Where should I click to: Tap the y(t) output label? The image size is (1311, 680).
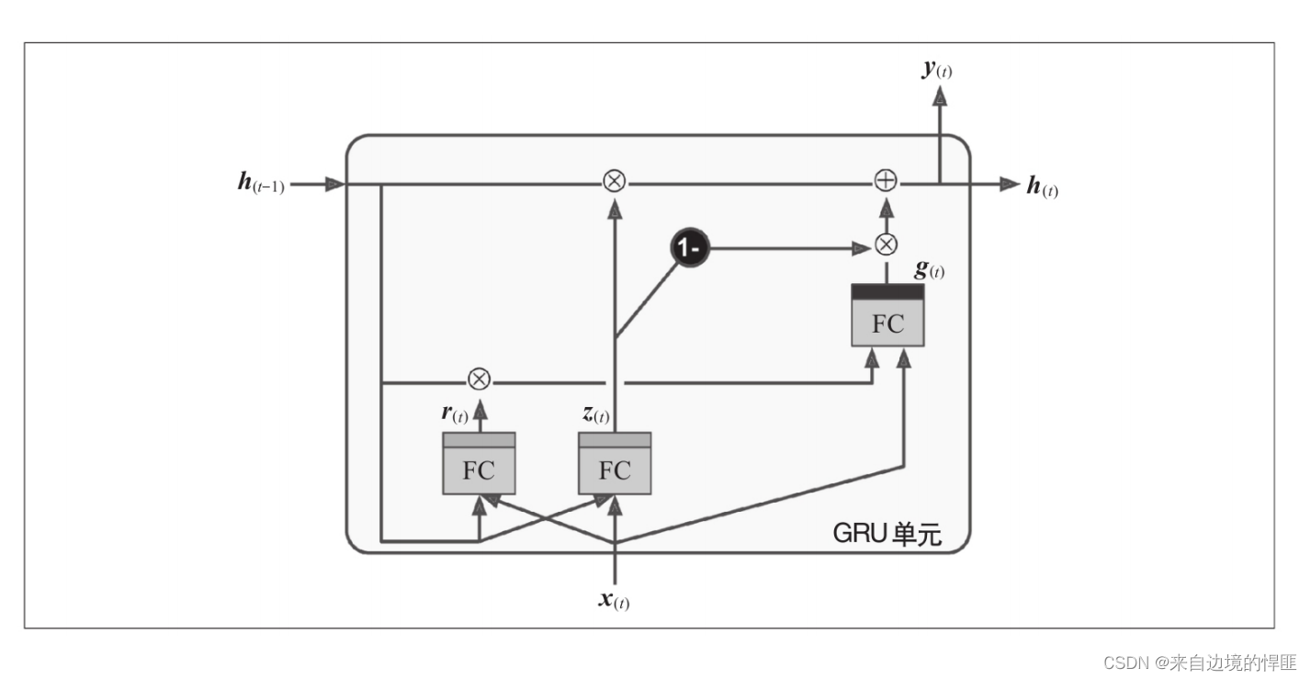(x=938, y=69)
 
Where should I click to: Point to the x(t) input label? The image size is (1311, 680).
(x=614, y=601)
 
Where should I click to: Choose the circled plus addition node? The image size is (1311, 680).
(x=885, y=181)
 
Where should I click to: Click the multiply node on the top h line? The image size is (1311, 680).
(x=614, y=181)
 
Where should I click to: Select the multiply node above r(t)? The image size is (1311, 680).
(x=478, y=379)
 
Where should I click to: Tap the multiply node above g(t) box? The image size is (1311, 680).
(x=886, y=244)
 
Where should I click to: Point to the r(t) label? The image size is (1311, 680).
(x=455, y=414)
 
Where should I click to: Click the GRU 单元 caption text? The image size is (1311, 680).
(x=887, y=533)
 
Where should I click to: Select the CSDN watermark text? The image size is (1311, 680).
(x=1200, y=663)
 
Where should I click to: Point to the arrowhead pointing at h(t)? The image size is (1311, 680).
(x=1010, y=184)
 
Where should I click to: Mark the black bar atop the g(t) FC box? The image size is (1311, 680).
(x=887, y=291)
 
